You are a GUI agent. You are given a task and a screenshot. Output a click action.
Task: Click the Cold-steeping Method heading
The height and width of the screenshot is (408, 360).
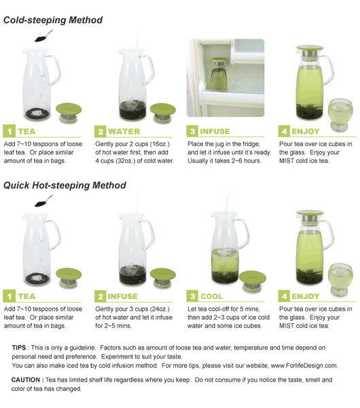[53, 20]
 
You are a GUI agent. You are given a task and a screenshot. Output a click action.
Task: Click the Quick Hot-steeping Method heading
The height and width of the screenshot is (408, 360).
[65, 185]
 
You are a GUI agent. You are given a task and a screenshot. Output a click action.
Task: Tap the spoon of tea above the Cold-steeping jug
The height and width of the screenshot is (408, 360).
[43, 36]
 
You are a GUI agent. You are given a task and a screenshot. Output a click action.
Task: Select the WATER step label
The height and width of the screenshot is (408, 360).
[124, 131]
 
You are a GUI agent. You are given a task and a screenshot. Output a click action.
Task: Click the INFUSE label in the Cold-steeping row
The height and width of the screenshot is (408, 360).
[215, 131]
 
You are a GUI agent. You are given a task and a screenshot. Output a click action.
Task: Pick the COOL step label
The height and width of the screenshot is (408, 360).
[211, 296]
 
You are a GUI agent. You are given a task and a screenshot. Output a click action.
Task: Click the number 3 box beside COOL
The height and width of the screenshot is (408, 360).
[192, 296]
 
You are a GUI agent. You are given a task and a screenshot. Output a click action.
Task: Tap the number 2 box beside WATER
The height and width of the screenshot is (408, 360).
[100, 131]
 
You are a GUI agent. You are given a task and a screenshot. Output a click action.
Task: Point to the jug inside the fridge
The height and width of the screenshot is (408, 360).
[219, 74]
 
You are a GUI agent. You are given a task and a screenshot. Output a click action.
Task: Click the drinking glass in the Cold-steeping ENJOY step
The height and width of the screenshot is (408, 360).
[340, 114]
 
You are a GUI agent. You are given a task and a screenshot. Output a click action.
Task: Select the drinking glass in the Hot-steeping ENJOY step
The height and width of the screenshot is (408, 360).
[340, 279]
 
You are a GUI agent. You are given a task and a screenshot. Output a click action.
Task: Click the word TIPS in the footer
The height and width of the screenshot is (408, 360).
[19, 347]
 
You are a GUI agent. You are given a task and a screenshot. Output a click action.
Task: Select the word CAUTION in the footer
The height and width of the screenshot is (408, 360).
[26, 380]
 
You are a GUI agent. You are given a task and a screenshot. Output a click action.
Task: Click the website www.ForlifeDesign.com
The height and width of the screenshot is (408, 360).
[304, 366]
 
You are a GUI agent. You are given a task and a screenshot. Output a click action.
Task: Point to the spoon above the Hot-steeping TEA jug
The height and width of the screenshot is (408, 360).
[43, 201]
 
